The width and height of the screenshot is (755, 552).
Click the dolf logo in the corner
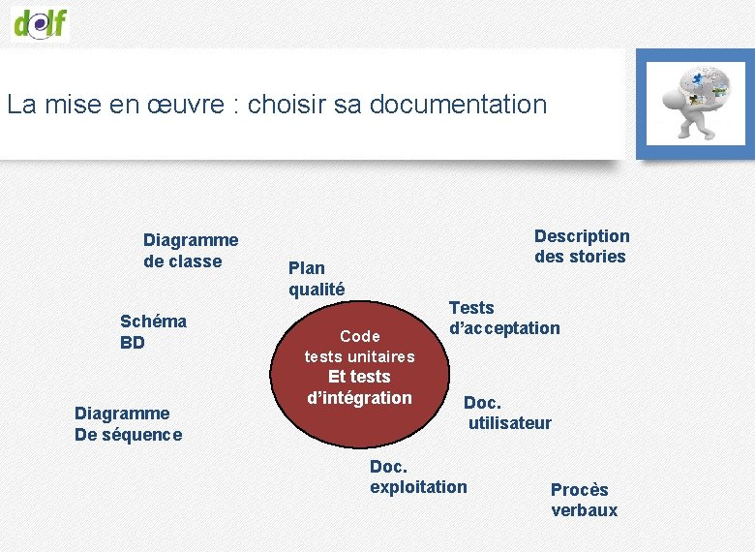click(x=42, y=21)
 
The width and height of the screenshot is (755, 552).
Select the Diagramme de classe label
click(x=191, y=250)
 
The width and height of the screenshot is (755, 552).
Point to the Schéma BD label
click(x=153, y=331)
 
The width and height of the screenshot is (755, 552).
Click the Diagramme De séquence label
click(x=128, y=424)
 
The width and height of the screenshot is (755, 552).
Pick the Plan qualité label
click(x=317, y=278)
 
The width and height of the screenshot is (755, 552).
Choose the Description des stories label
click(x=582, y=246)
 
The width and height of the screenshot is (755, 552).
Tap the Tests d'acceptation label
click(x=503, y=318)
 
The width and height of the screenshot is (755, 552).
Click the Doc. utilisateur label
click(x=507, y=413)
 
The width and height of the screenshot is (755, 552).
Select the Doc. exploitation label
click(x=418, y=476)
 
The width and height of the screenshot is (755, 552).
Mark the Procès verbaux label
click(x=584, y=500)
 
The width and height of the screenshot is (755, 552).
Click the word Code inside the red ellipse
click(x=360, y=336)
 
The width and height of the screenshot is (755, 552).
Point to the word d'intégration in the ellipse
click(x=359, y=398)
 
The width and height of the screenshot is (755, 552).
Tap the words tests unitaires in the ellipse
click(x=359, y=356)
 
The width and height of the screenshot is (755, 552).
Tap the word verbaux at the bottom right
click(x=584, y=510)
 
